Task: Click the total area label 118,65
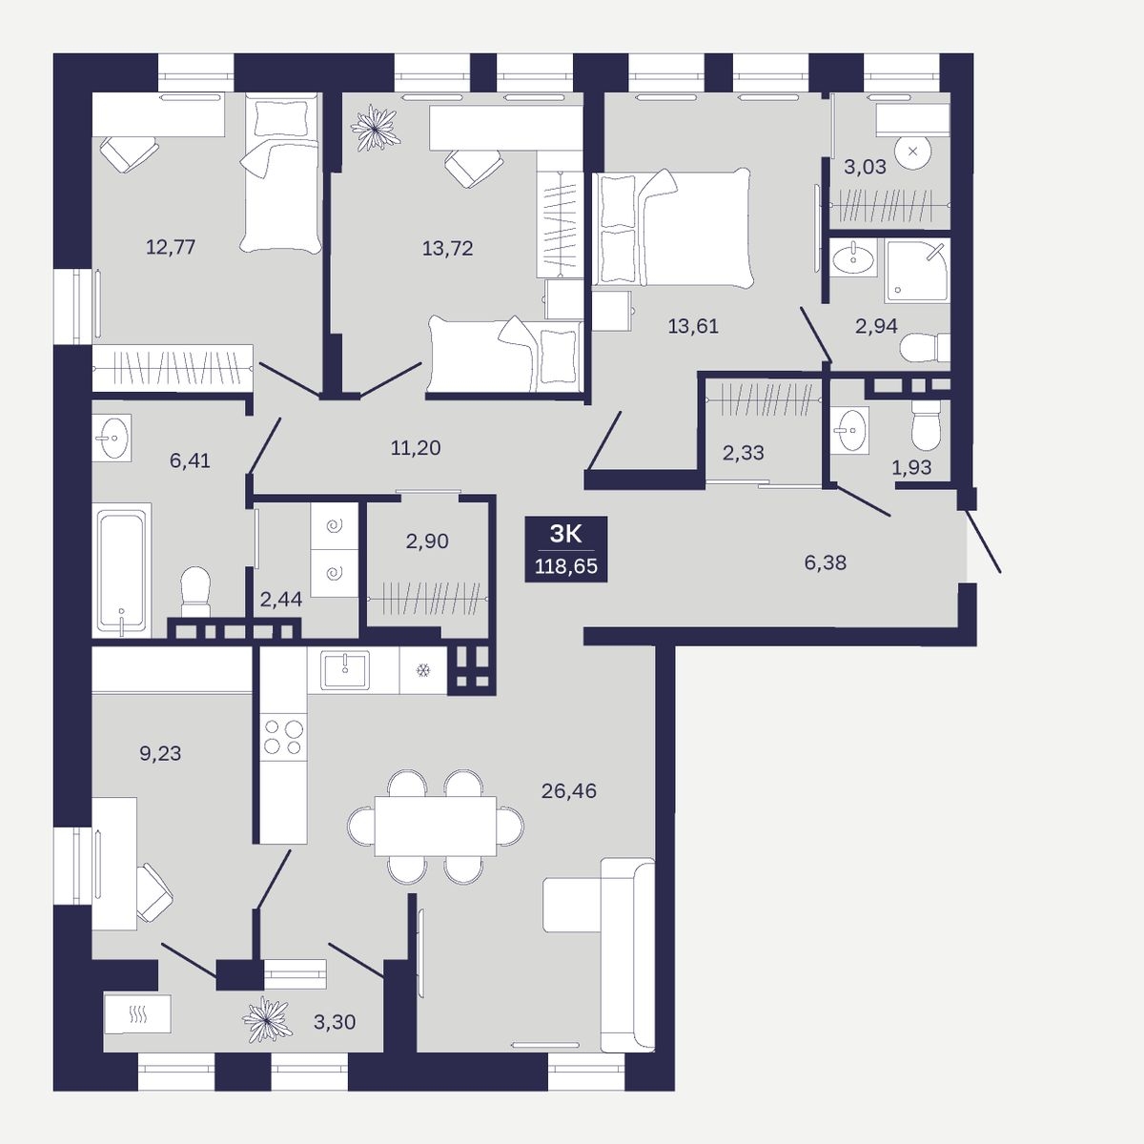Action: tap(565, 566)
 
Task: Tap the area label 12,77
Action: tap(171, 246)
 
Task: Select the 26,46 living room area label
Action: tap(569, 790)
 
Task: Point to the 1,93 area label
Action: tap(911, 467)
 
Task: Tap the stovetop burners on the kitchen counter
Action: tap(283, 737)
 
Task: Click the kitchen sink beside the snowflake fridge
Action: tap(345, 670)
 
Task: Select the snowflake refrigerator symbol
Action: tap(422, 670)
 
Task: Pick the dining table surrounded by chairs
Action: tap(435, 826)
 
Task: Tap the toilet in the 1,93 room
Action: tap(926, 424)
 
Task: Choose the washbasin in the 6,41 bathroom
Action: tap(112, 438)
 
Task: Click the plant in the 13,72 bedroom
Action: tap(375, 127)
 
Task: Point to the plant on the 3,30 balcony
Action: tap(267, 1019)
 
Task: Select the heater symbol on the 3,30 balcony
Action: tap(137, 1014)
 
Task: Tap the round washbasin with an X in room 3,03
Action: tap(912, 152)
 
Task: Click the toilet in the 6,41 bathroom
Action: tap(195, 591)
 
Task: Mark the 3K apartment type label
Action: tap(565, 534)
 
